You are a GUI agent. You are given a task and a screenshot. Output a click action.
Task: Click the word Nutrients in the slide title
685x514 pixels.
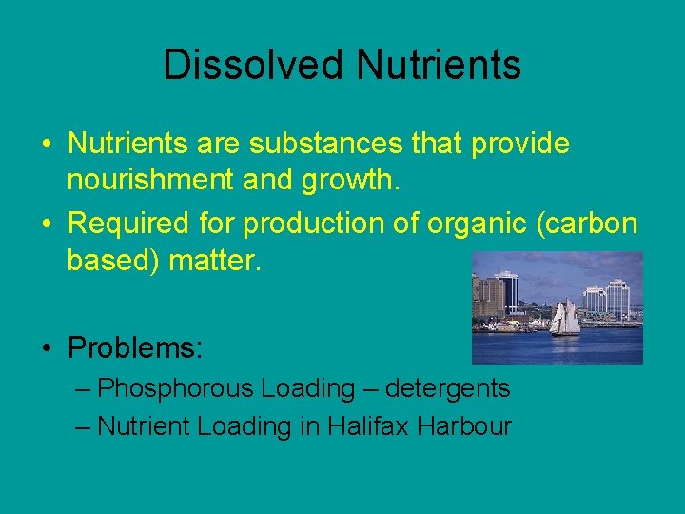440,65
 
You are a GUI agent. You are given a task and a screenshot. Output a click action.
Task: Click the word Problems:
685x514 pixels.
135,347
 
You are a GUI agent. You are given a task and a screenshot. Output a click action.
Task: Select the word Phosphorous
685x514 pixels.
176,388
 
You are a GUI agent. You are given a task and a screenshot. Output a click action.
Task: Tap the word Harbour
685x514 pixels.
466,425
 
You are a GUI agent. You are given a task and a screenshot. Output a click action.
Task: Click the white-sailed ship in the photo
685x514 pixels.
566,318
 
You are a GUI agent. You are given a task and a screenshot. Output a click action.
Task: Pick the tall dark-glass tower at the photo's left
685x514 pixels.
505,292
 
